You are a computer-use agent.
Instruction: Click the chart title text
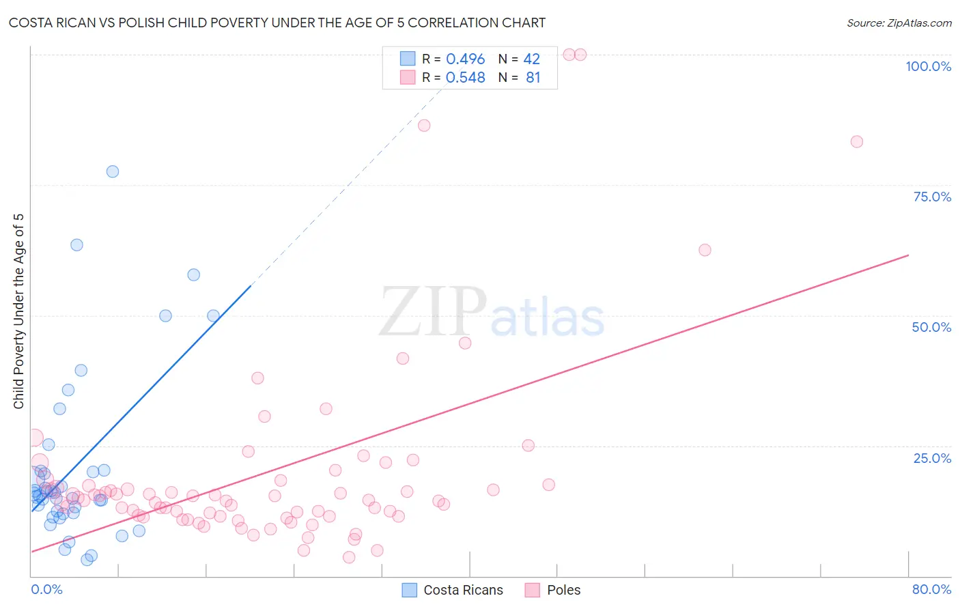point(277,23)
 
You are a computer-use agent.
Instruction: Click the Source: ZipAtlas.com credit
point(899,23)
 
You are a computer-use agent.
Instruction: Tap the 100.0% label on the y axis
point(928,66)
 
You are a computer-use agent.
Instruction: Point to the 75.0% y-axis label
point(932,197)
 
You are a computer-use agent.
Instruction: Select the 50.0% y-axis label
point(931,327)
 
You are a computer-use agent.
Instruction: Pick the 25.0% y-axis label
point(932,458)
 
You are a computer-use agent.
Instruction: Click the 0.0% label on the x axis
point(46,589)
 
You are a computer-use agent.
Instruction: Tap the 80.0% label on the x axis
point(931,589)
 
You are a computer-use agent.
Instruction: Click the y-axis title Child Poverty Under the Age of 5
point(19,311)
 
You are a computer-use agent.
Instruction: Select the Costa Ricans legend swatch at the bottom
point(409,590)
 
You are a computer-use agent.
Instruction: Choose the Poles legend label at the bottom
point(563,590)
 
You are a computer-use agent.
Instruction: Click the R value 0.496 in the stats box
point(465,59)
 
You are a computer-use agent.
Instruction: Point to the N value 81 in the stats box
point(533,78)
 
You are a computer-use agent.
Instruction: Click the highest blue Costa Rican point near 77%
point(113,171)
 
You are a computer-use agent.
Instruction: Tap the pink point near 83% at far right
point(856,142)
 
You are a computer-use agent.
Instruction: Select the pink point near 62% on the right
point(705,250)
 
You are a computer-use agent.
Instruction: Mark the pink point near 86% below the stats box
point(424,126)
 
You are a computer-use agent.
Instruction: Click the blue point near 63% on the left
point(76,245)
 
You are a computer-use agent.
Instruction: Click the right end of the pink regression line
point(908,255)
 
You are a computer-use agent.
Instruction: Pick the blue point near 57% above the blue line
point(194,275)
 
